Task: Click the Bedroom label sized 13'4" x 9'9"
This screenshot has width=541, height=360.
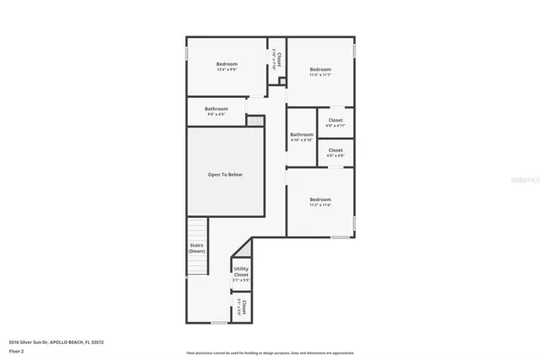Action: click(x=227, y=67)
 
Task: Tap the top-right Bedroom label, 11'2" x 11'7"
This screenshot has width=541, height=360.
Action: click(x=320, y=72)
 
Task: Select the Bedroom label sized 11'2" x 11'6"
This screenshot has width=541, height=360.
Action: click(x=320, y=202)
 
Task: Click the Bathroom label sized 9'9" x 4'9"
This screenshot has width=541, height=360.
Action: click(x=216, y=111)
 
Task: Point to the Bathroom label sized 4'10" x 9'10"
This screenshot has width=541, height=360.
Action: click(x=302, y=137)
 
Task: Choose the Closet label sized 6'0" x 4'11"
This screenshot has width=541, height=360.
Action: click(x=336, y=123)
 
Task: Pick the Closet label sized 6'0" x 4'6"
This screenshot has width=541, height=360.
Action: click(x=336, y=152)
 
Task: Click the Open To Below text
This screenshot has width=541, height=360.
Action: click(x=225, y=174)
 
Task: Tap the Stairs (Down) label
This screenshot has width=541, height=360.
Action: click(x=197, y=248)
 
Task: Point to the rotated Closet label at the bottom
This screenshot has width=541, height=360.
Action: click(x=240, y=306)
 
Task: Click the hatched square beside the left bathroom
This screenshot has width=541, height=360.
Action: click(x=251, y=121)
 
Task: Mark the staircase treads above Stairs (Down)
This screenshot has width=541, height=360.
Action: click(x=197, y=228)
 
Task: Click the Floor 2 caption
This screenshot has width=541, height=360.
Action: click(x=16, y=351)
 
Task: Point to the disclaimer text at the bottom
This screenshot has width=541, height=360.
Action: click(x=270, y=352)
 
